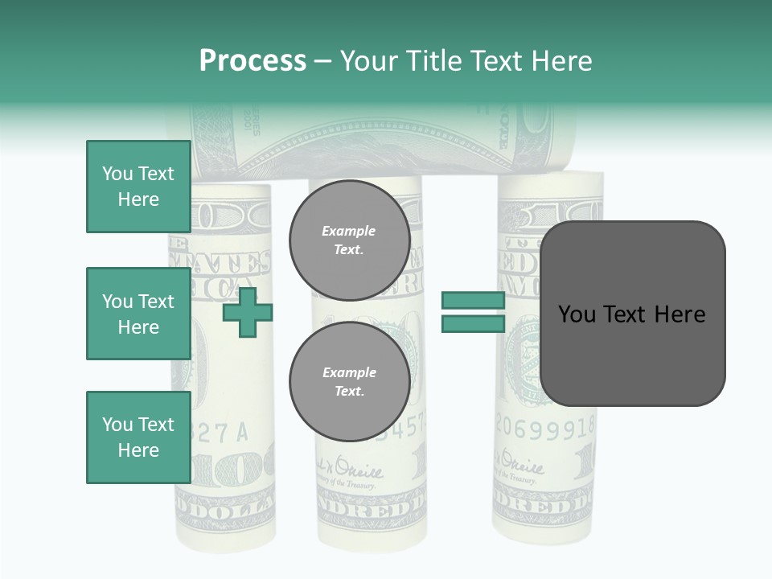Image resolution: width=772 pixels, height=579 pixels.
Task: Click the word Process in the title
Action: point(253,61)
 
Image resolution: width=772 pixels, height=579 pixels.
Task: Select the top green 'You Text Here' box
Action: point(138,187)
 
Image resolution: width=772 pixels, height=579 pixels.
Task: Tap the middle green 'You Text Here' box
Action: point(138,314)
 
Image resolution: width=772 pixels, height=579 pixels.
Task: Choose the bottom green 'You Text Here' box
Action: point(138,437)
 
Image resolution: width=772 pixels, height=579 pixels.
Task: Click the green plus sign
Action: point(248,312)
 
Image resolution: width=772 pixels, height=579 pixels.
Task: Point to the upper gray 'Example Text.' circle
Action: point(349,240)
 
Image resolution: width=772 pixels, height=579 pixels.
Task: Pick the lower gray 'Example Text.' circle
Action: point(349,381)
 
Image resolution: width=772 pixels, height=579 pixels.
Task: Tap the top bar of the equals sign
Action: point(473,301)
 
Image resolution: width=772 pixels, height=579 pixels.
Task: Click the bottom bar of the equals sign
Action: point(473,323)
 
